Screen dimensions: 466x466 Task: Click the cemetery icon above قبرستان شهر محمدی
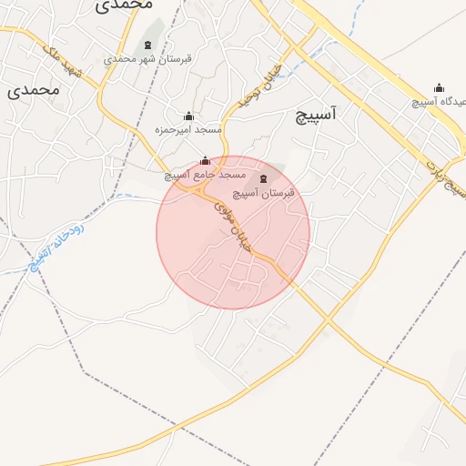point(147,45)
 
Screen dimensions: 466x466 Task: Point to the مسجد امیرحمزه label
point(187,130)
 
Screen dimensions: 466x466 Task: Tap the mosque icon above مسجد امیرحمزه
point(188,116)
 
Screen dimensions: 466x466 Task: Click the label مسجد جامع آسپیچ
point(206,174)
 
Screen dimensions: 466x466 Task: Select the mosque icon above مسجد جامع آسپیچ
point(204,160)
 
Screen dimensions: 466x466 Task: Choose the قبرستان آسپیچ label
point(265,193)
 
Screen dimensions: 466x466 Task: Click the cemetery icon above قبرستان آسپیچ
point(264,178)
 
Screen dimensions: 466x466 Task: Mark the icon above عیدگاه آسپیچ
point(439,88)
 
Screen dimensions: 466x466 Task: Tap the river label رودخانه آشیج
point(56,245)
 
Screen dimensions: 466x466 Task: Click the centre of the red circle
point(233,232)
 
